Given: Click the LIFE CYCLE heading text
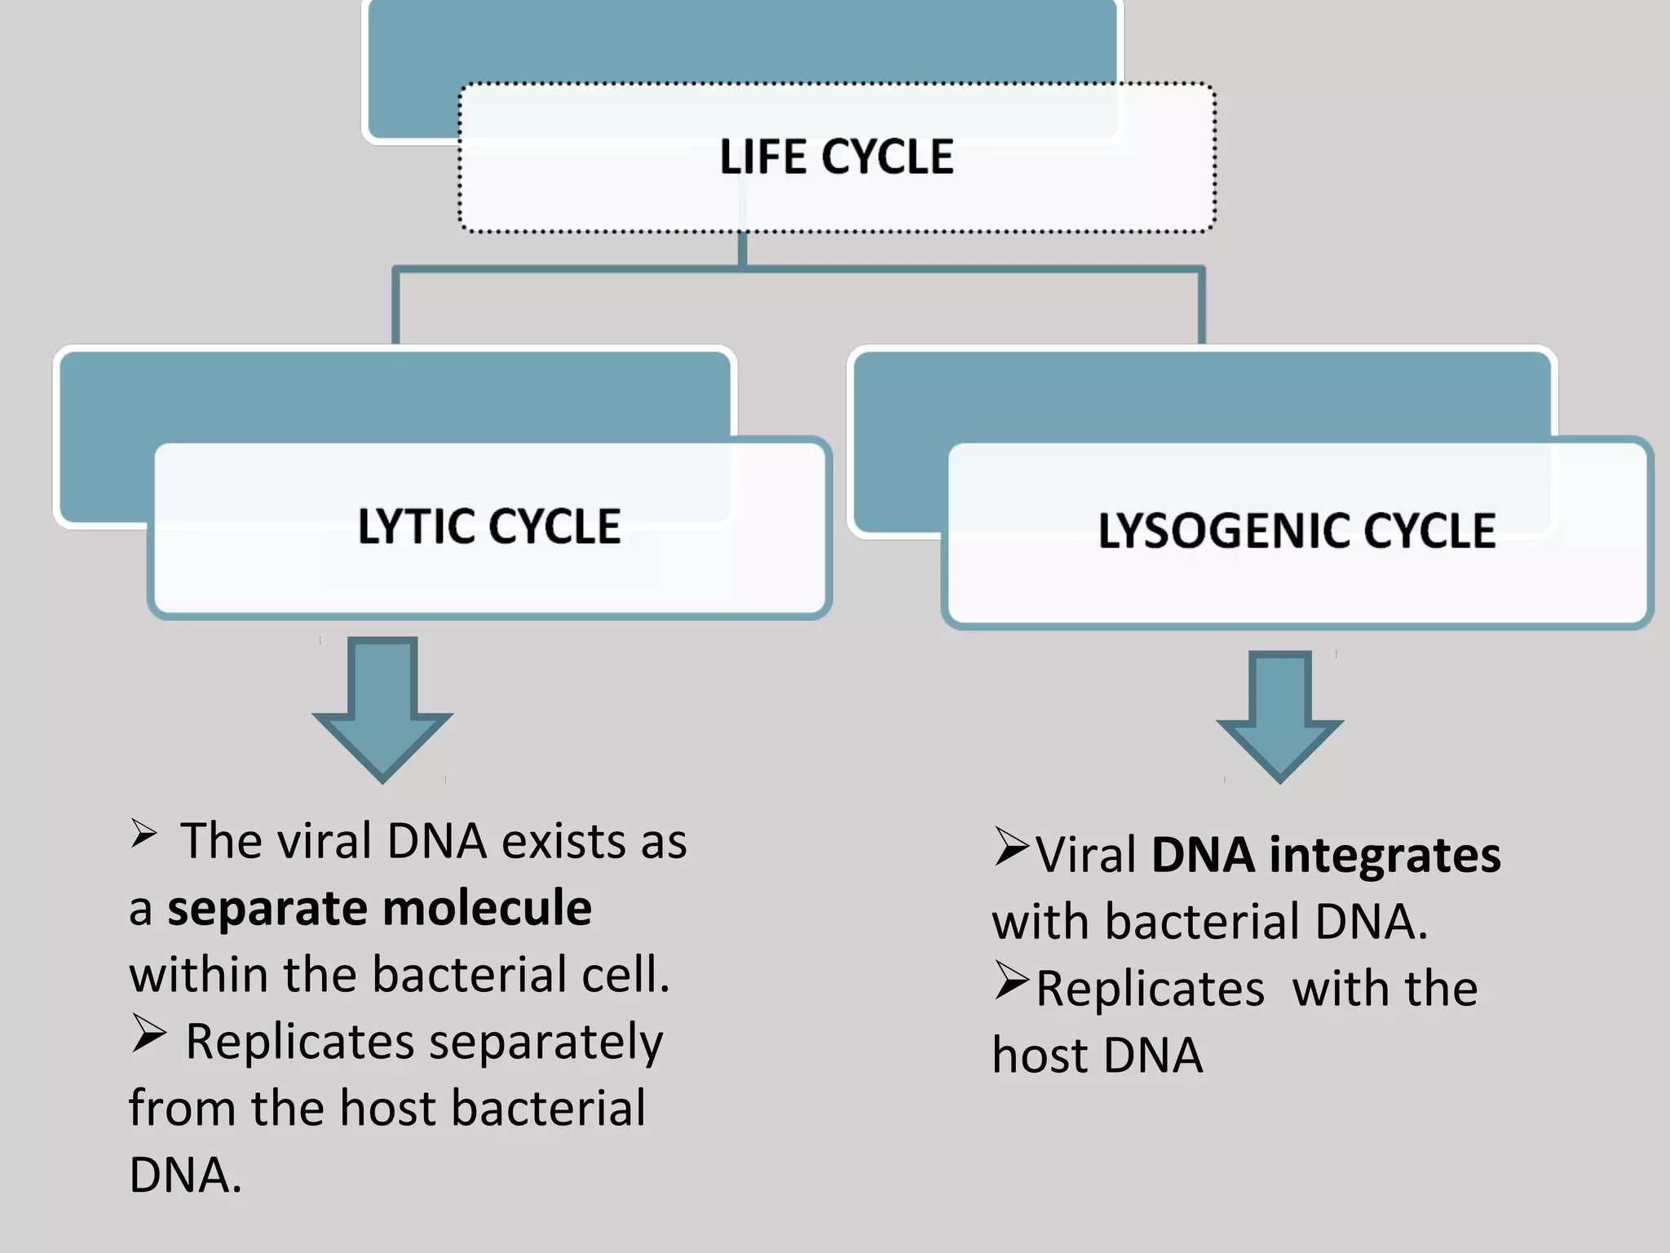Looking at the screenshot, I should pyautogui.click(x=836, y=157).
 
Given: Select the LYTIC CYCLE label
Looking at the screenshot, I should pyautogui.click(x=489, y=526).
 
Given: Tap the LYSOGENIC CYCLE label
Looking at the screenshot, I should pyautogui.click(x=1297, y=530).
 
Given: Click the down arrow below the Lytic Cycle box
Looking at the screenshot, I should pyautogui.click(x=382, y=710).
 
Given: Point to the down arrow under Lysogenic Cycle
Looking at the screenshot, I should pyautogui.click(x=1279, y=718).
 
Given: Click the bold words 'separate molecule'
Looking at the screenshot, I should pyautogui.click(x=379, y=908).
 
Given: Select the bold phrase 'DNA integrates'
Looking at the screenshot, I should pyautogui.click(x=1326, y=856).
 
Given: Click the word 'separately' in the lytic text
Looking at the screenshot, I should pyautogui.click(x=546, y=1043).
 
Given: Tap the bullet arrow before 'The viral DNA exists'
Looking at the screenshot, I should pyautogui.click(x=144, y=833).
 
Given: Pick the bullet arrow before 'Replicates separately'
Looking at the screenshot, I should pyautogui.click(x=148, y=1034).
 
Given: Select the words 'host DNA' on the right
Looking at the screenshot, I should pyautogui.click(x=1097, y=1056).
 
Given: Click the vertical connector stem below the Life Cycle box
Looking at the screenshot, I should pyautogui.click(x=742, y=249).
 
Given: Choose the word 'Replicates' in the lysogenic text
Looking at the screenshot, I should pyautogui.click(x=1150, y=990).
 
